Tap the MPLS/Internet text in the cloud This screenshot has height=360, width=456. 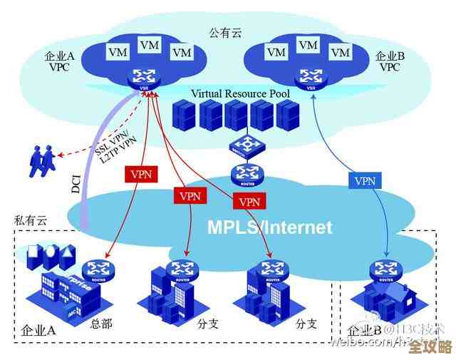(270, 227)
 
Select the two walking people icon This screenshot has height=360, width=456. (41, 160)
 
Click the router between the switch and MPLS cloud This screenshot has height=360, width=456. (246, 173)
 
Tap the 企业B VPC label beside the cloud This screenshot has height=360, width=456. (390, 61)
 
